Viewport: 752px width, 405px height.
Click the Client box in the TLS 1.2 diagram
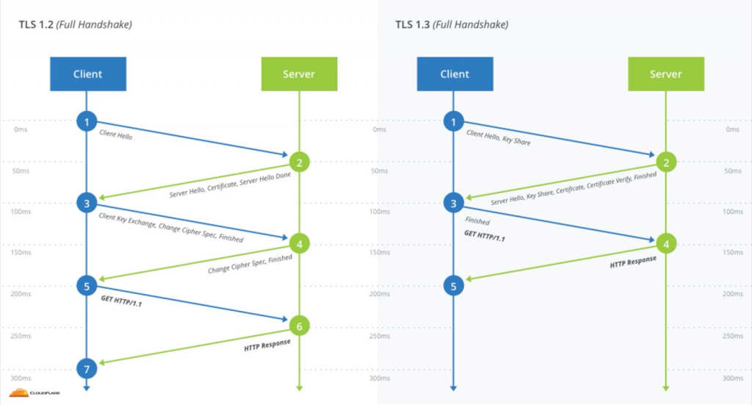coord(87,74)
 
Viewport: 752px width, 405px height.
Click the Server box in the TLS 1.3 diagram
coord(665,74)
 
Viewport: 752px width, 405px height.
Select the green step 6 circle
coord(299,326)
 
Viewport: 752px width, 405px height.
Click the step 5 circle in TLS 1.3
coord(454,286)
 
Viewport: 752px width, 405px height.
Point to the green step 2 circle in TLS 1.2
coord(299,162)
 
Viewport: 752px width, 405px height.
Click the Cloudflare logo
coord(35,393)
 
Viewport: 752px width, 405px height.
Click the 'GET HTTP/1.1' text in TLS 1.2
coord(120,301)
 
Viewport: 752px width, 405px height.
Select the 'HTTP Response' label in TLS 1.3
coord(633,260)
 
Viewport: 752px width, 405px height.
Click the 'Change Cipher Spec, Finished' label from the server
coord(250,265)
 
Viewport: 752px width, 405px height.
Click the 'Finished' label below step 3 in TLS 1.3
coord(477,221)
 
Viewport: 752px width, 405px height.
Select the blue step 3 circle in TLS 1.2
coord(87,202)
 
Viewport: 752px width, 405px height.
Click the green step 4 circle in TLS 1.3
coord(665,243)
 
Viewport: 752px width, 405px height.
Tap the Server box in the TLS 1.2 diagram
coord(299,74)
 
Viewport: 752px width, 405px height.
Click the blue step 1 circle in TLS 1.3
coord(454,121)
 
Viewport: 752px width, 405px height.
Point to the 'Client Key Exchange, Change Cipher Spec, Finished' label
coord(170,228)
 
